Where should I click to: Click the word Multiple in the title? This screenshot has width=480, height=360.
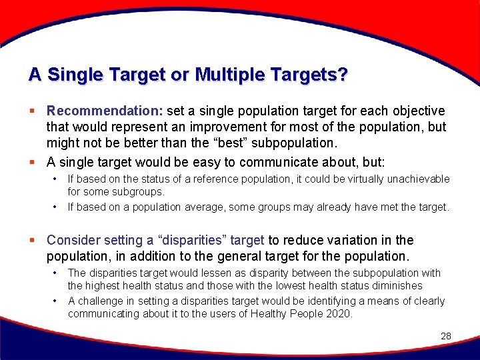click(225, 75)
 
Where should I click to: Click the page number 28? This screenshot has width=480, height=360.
click(446, 336)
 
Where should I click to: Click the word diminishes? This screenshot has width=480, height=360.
click(391, 285)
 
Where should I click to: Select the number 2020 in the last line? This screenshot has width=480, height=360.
click(339, 314)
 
